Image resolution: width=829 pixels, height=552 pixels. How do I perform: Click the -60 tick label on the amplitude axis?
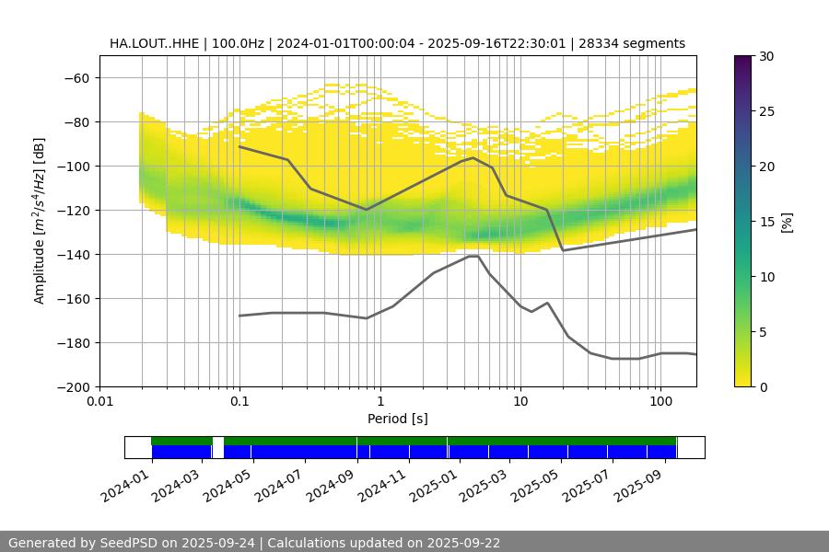[x=75, y=78]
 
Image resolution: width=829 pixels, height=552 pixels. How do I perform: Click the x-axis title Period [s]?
[x=397, y=420]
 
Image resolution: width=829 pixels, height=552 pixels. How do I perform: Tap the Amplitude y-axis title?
[x=40, y=221]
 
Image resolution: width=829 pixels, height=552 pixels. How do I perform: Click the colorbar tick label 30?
[x=765, y=57]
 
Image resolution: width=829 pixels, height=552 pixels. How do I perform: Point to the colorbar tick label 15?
[x=765, y=222]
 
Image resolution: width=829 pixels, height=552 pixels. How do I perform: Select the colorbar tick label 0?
[x=762, y=387]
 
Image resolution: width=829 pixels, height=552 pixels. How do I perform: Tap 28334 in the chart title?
[x=611, y=43]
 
